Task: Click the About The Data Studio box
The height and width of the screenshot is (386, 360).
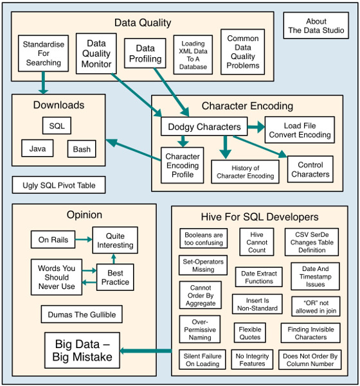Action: click(316, 26)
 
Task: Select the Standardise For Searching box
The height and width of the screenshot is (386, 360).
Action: click(43, 53)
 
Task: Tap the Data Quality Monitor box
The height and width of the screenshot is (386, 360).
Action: click(96, 54)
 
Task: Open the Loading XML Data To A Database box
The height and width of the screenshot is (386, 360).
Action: click(193, 55)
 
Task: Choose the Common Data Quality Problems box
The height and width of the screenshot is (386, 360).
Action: click(243, 52)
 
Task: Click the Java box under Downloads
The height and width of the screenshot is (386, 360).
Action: click(37, 148)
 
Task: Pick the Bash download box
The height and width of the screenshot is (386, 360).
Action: click(82, 149)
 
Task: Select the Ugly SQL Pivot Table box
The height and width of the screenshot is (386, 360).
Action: click(59, 185)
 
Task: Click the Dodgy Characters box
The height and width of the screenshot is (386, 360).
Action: click(204, 127)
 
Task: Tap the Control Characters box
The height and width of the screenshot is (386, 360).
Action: click(310, 169)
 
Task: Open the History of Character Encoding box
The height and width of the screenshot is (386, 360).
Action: click(245, 172)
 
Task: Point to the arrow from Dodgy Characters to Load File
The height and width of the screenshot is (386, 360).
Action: click(256, 127)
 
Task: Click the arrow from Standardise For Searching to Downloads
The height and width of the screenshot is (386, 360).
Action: click(43, 83)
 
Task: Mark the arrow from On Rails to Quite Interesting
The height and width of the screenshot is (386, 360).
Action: click(84, 240)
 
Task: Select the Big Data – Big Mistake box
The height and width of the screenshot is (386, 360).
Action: click(82, 350)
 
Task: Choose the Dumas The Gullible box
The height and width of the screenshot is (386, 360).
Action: click(82, 314)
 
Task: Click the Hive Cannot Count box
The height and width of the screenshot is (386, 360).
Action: click(256, 242)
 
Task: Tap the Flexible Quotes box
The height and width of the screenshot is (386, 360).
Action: click(250, 333)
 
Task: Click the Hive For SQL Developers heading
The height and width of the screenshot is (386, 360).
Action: click(260, 217)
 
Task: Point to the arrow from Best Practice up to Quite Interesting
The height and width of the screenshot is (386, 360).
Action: click(114, 259)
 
